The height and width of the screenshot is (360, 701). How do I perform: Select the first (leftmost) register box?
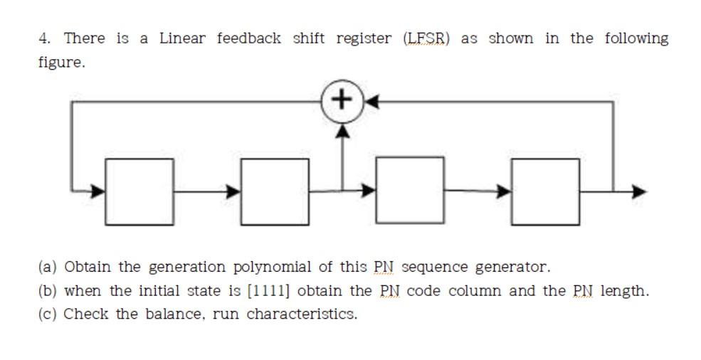click(x=139, y=191)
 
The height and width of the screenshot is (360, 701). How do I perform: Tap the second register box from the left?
click(x=275, y=191)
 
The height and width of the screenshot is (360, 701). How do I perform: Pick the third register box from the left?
click(x=409, y=191)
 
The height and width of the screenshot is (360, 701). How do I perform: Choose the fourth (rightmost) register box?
click(x=545, y=191)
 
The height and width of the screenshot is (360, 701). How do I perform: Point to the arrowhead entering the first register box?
click(x=98, y=191)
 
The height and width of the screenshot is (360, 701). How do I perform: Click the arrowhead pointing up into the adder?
click(x=343, y=132)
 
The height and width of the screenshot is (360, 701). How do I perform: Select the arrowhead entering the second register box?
click(x=233, y=191)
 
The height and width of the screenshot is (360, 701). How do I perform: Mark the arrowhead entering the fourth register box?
click(x=504, y=191)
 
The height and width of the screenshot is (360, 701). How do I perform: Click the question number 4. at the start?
click(x=44, y=38)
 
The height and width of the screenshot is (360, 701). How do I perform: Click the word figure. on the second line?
click(x=61, y=63)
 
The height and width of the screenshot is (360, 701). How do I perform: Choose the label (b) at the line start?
click(x=48, y=291)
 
